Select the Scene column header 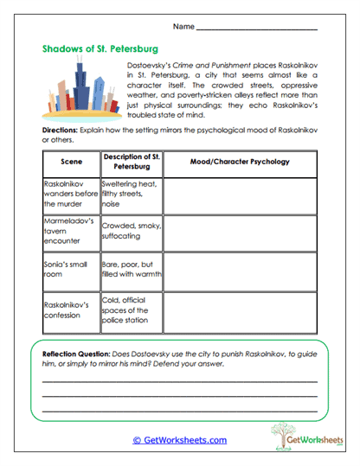70,162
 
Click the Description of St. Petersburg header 130,162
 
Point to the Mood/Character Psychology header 240,162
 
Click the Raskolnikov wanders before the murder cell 70,195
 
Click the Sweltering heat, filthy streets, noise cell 130,195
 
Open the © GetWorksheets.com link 180,440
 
